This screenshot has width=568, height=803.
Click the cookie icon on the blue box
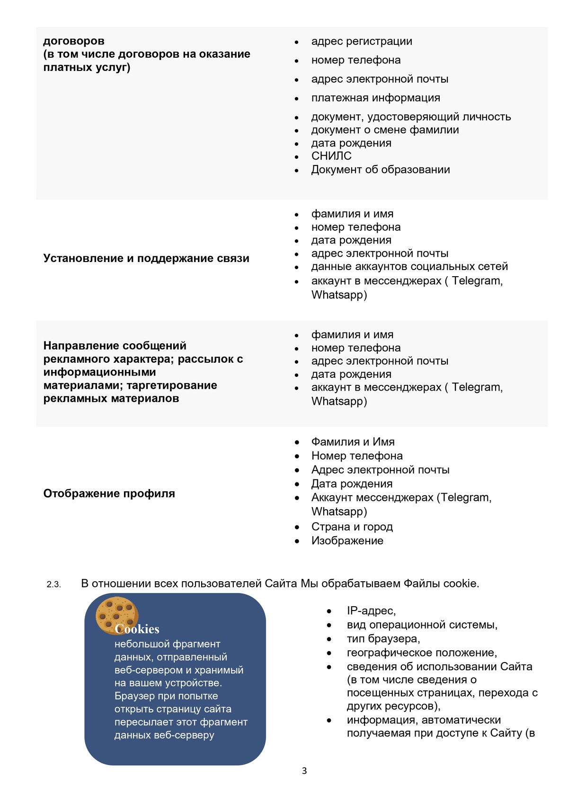[116, 615]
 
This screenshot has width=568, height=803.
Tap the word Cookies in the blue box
[137, 629]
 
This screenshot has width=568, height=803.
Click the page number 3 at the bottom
[304, 771]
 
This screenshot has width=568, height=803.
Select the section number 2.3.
[53, 585]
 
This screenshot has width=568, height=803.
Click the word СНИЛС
[331, 156]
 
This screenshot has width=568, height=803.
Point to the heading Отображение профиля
[109, 494]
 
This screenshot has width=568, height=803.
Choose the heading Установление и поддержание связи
[146, 258]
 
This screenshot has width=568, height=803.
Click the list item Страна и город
[352, 527]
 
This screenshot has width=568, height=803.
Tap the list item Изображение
[347, 541]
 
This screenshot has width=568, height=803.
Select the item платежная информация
[375, 98]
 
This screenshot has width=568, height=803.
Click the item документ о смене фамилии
[385, 130]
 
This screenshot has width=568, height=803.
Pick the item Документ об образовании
[380, 170]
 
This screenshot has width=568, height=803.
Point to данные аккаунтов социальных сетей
[409, 267]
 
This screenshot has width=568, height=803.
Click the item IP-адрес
[371, 611]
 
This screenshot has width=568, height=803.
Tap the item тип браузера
[383, 639]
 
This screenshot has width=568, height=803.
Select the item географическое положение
[421, 653]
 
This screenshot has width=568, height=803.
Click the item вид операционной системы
[422, 625]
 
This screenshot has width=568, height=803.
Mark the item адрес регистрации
[362, 42]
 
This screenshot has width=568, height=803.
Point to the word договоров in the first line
[74, 41]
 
